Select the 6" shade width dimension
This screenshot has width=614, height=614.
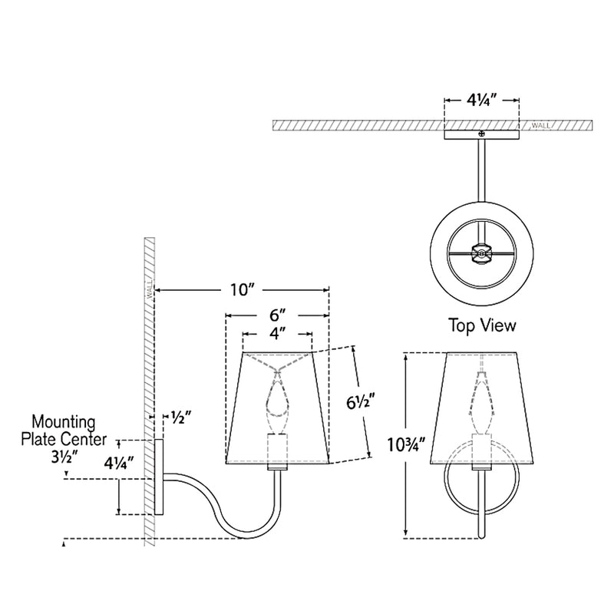[277, 315]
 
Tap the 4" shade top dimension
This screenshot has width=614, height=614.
[277, 334]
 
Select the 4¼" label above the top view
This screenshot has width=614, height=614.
[482, 100]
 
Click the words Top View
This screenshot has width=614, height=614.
[482, 325]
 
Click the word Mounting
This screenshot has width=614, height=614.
[63, 421]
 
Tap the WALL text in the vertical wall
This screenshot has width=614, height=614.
[150, 290]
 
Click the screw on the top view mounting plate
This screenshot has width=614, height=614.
[482, 134]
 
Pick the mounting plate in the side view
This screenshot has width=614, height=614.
[159, 476]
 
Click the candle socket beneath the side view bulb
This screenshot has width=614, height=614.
[276, 449]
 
